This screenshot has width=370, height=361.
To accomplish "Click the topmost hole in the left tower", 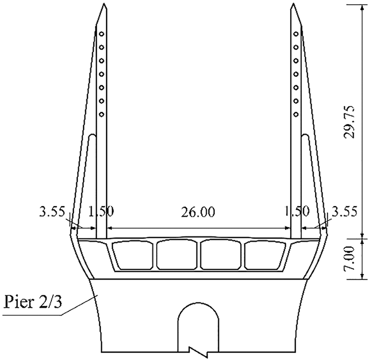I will [x=101, y=34].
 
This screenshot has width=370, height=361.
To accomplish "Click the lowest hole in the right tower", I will [x=296, y=114].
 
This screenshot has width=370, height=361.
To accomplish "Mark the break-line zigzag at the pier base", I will [x=199, y=351].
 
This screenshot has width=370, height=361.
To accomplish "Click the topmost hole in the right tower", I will [x=296, y=34].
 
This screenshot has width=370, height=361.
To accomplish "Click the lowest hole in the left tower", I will [x=101, y=114].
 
